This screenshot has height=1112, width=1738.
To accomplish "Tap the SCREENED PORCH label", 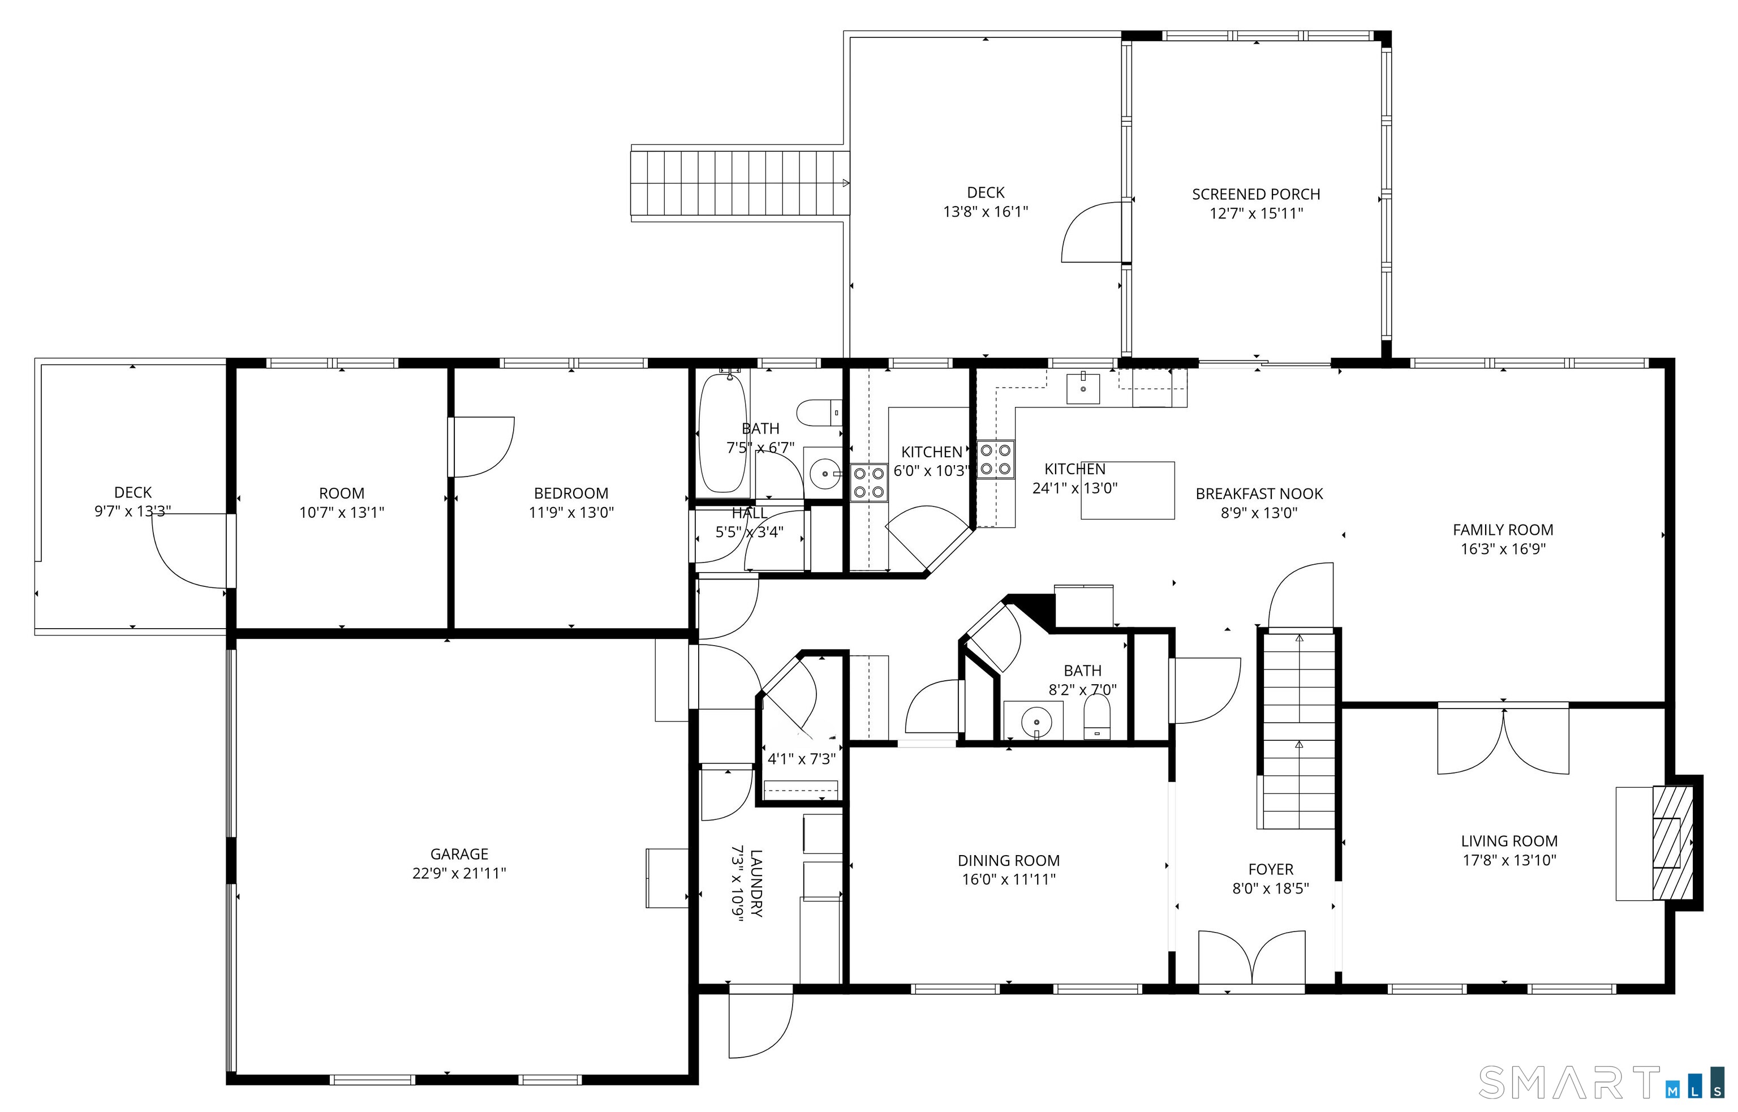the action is [1256, 194].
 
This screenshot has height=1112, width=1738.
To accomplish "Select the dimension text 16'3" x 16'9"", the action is [1503, 549].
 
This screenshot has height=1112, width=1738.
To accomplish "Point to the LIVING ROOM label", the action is [1509, 841].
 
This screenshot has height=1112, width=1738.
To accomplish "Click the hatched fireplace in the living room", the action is [1673, 842].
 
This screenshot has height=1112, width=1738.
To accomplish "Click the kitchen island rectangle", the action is [1128, 490].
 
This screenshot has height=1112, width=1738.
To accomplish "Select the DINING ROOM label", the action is [1008, 861].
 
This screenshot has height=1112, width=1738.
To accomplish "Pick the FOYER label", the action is [1271, 869].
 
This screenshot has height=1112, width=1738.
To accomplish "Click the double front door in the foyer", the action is [1251, 958].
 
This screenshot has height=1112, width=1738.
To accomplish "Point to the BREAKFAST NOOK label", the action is [1259, 494].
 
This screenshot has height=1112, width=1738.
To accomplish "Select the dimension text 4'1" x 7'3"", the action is [801, 759].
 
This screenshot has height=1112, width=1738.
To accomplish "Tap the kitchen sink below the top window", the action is [1083, 388].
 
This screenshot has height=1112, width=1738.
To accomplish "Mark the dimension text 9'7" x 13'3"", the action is [133, 511].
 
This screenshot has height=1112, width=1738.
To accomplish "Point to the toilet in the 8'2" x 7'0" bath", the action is [1097, 717].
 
